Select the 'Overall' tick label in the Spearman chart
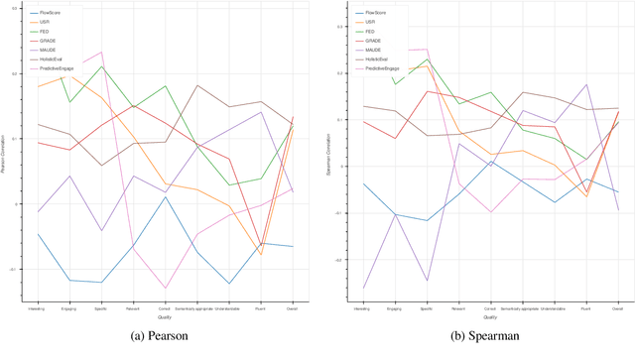[617, 309]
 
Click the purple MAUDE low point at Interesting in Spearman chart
[364, 289]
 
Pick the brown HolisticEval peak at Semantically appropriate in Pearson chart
[197, 85]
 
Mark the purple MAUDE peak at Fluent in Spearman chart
[586, 84]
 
